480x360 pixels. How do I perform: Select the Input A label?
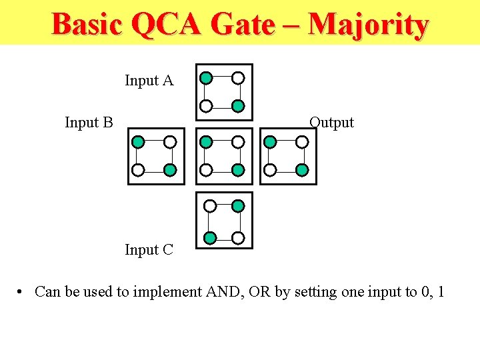tap(149, 81)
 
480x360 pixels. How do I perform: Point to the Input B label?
tap(89, 122)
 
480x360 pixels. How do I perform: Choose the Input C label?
tap(149, 250)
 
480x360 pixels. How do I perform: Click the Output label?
tap(331, 122)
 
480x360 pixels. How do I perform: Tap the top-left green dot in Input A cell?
tap(207, 78)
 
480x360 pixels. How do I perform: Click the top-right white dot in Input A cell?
tap(238, 78)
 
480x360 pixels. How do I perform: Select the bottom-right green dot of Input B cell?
tap(170, 170)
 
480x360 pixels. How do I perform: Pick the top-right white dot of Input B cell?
tap(170, 141)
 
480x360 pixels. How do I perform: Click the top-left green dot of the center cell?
tap(207, 141)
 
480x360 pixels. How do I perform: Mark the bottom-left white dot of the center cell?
tap(207, 170)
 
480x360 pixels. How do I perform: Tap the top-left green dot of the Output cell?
tap(270, 141)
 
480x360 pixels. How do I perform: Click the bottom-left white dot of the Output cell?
tap(270, 170)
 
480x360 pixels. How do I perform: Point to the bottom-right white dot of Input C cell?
tap(238, 237)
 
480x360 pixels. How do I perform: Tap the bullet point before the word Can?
tap(22, 292)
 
